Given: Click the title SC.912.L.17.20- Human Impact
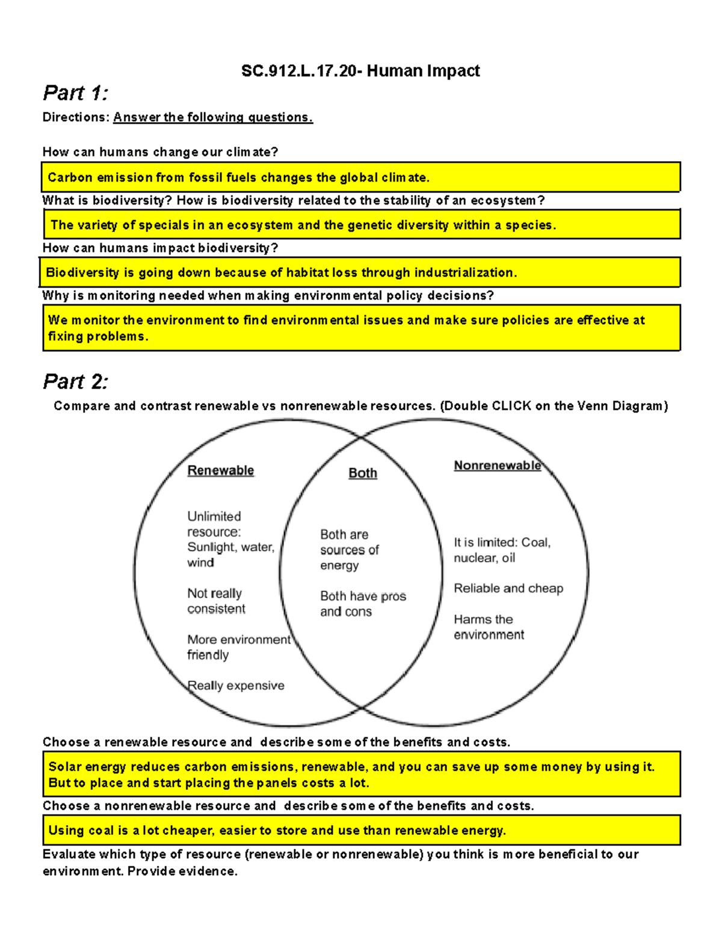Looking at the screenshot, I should [x=360, y=71].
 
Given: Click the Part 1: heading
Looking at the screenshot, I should [x=75, y=93].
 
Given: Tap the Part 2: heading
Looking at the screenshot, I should [x=75, y=381].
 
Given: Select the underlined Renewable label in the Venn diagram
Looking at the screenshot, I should [x=220, y=470].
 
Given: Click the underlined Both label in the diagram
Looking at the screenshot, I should [x=363, y=473].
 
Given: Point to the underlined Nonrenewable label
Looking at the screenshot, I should [x=497, y=465].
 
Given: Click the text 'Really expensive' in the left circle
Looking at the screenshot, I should [x=236, y=686].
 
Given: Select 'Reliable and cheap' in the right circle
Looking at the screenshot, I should [x=508, y=588].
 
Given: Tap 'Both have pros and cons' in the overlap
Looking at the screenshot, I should [x=362, y=604].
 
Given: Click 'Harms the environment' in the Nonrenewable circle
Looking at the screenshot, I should [x=489, y=627].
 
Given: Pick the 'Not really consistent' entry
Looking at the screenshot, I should [x=215, y=601].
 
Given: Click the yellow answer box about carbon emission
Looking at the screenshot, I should [x=361, y=177].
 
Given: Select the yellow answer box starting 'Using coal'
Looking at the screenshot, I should [x=361, y=831].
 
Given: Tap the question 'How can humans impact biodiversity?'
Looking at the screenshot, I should [x=160, y=248].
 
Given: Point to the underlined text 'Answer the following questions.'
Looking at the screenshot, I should [x=213, y=117].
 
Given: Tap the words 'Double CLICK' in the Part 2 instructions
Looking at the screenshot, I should [x=488, y=406].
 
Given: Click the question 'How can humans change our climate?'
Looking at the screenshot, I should [x=160, y=152].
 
